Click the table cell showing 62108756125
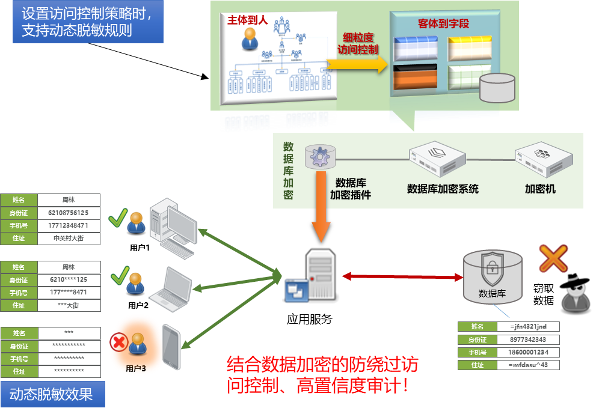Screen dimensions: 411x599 [68, 213]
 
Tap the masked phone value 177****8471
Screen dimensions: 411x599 [68, 293]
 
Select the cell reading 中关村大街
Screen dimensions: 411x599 [68, 238]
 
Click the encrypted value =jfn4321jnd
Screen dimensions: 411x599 [527, 327]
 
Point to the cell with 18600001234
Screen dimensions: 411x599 [527, 352]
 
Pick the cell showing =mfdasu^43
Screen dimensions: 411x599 [527, 365]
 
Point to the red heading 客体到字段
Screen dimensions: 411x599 [443, 24]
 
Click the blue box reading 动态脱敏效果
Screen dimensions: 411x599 [51, 395]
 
